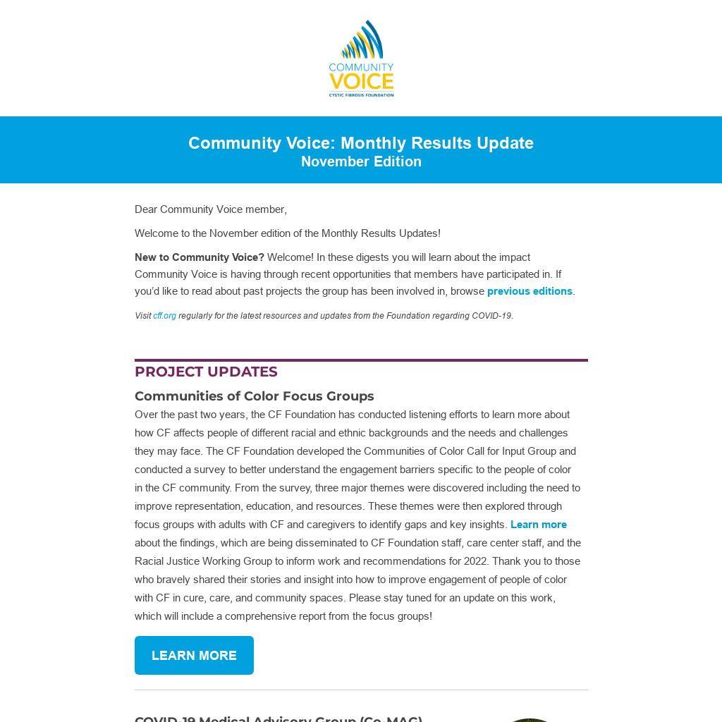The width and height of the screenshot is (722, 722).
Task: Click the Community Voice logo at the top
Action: (x=361, y=59)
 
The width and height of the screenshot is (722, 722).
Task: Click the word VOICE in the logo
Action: (x=361, y=81)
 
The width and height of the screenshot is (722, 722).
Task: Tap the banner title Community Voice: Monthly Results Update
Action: (x=361, y=143)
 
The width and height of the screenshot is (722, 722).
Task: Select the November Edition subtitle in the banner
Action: (x=361, y=161)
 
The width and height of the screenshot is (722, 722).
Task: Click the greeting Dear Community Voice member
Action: (x=210, y=209)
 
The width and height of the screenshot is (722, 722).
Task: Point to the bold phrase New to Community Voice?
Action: (x=200, y=257)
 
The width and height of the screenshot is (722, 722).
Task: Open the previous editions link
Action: (x=530, y=291)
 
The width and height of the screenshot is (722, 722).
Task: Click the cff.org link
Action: (x=164, y=316)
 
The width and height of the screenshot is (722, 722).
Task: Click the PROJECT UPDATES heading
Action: (x=206, y=372)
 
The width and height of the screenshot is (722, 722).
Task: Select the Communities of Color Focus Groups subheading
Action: (x=254, y=396)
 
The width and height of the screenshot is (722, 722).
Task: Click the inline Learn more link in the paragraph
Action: (x=539, y=525)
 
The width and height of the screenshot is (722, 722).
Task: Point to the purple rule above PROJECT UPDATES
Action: (x=361, y=360)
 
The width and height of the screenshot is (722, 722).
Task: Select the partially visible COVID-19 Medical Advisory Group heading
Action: (x=279, y=718)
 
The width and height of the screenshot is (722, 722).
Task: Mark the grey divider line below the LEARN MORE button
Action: (x=361, y=690)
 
